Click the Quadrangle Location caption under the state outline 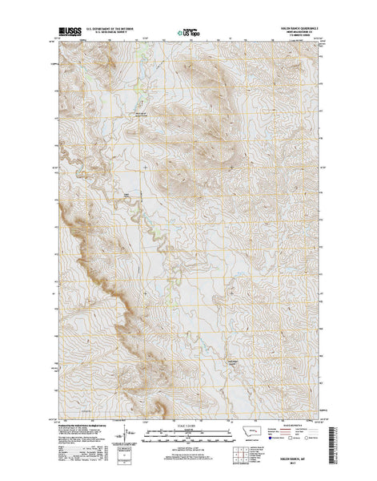coord(255,437)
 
